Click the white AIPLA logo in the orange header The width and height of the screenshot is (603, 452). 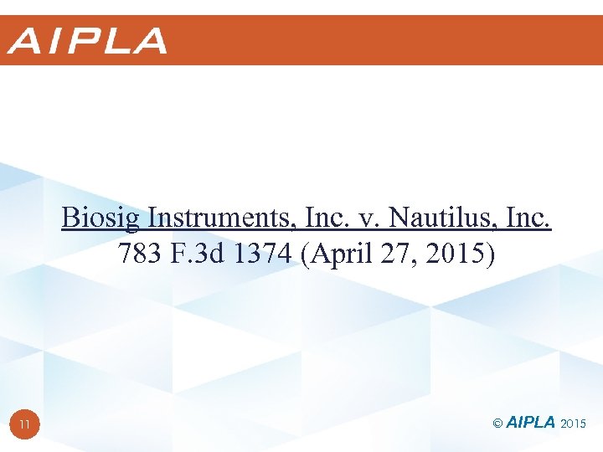[x=87, y=41]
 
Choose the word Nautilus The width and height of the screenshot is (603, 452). [x=430, y=218]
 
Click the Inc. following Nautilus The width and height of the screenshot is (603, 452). [x=525, y=218]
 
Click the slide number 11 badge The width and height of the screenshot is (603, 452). [x=25, y=424]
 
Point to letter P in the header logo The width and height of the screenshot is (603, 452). [x=85, y=41]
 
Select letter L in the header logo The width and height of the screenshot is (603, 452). [x=116, y=41]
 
